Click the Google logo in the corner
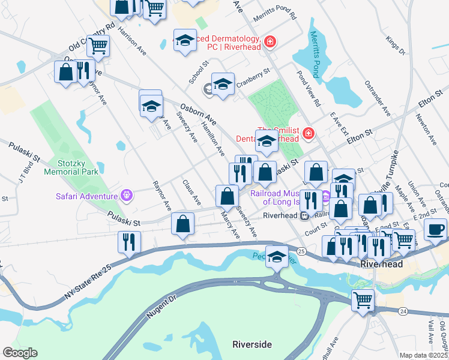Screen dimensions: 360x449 point(19,353)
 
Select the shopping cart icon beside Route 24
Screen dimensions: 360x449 point(362,300)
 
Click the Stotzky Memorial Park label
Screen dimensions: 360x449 point(70,166)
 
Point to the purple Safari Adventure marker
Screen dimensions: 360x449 point(126,196)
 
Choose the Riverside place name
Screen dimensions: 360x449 point(252,344)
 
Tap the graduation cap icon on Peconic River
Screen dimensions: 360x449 point(276,257)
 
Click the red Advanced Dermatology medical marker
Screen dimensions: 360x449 point(270,41)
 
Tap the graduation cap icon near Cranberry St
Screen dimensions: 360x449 point(223,85)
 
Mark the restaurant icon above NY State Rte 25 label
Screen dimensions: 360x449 point(129,242)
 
